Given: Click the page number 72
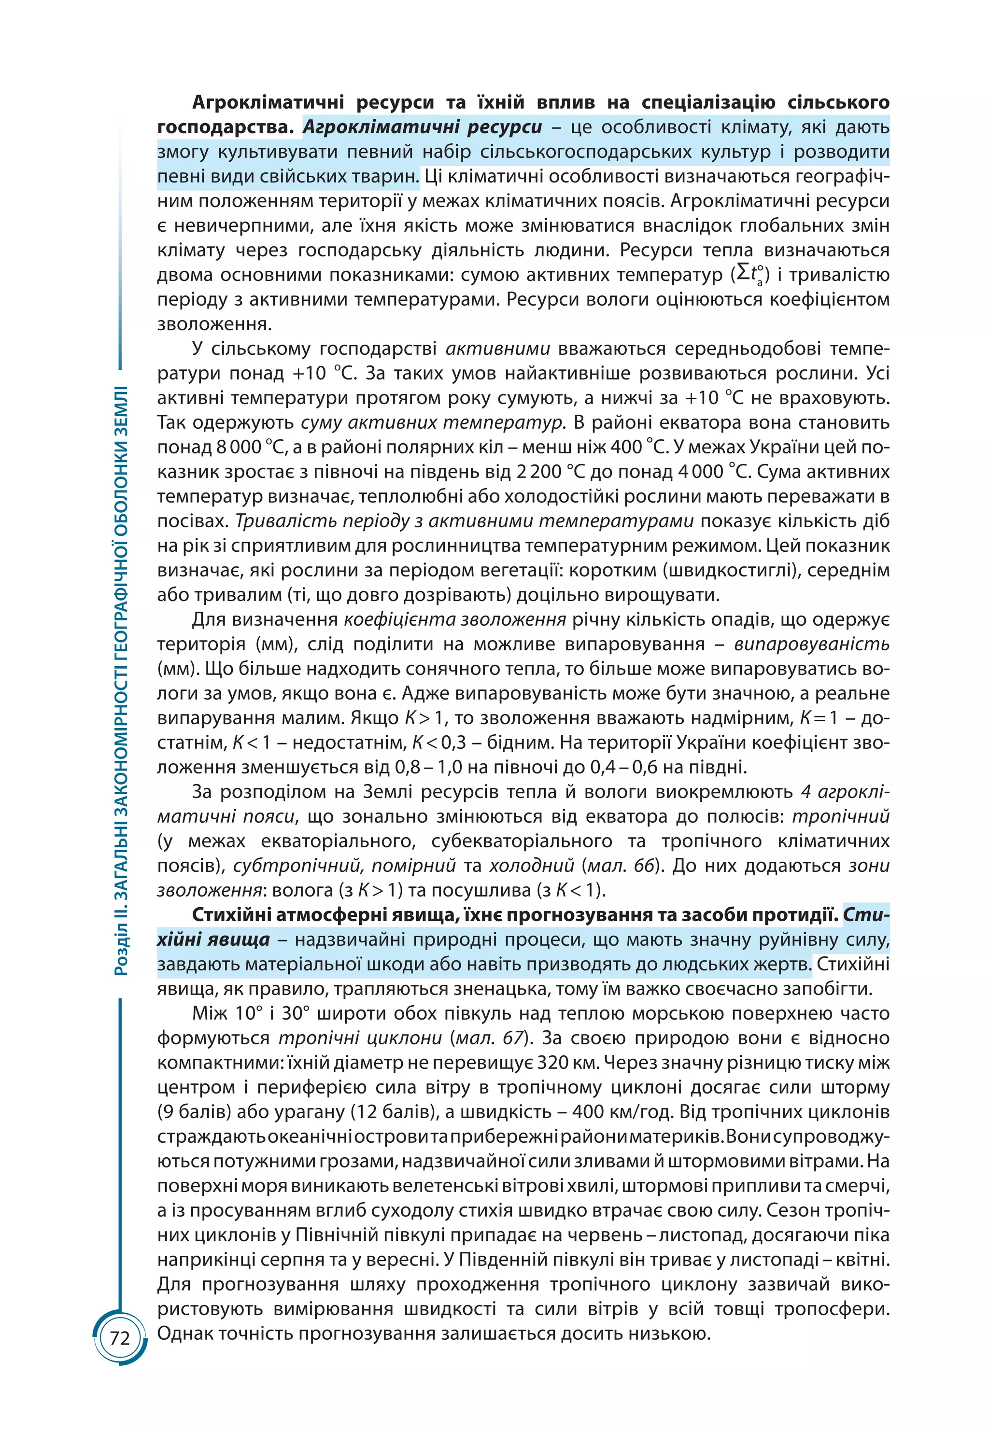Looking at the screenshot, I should (x=120, y=1339).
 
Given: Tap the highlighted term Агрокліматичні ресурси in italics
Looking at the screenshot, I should (x=422, y=127).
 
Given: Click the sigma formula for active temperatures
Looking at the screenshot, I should (x=750, y=274).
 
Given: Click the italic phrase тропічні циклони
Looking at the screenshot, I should (x=360, y=1038).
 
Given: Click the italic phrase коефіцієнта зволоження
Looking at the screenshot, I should (x=455, y=620).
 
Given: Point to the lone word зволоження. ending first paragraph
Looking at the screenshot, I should (x=214, y=324).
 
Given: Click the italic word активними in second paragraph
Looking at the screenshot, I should (x=497, y=349).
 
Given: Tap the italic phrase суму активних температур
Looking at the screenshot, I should (x=432, y=423).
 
